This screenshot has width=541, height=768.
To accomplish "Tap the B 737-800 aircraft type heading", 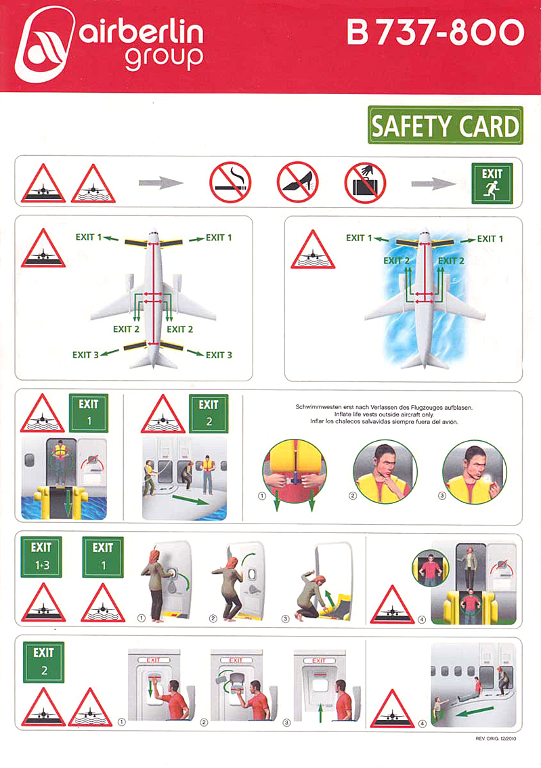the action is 435,33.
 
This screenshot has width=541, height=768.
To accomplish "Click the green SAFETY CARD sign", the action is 445,125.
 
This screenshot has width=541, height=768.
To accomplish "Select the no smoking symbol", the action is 230,182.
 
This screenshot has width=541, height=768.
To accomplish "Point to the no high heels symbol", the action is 298,182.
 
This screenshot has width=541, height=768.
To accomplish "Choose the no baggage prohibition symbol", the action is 365,183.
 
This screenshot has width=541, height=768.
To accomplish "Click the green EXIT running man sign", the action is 492,183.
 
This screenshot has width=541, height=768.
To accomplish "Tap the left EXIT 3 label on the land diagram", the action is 86,355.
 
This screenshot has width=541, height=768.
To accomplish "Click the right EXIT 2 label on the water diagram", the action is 451,261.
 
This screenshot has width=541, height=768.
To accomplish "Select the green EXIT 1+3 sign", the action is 41,557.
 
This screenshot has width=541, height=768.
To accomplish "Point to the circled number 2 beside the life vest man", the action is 353,496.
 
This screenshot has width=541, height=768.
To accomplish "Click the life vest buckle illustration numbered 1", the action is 295,471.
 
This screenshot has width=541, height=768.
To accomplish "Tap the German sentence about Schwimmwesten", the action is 385,407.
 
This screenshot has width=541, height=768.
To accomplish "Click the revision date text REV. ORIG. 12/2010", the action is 496,739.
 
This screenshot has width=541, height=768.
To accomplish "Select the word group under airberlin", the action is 164,58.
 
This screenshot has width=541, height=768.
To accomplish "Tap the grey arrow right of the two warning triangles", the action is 161,183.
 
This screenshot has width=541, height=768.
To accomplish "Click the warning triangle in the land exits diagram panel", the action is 43,248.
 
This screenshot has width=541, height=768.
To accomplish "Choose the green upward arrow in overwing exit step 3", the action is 320,712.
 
